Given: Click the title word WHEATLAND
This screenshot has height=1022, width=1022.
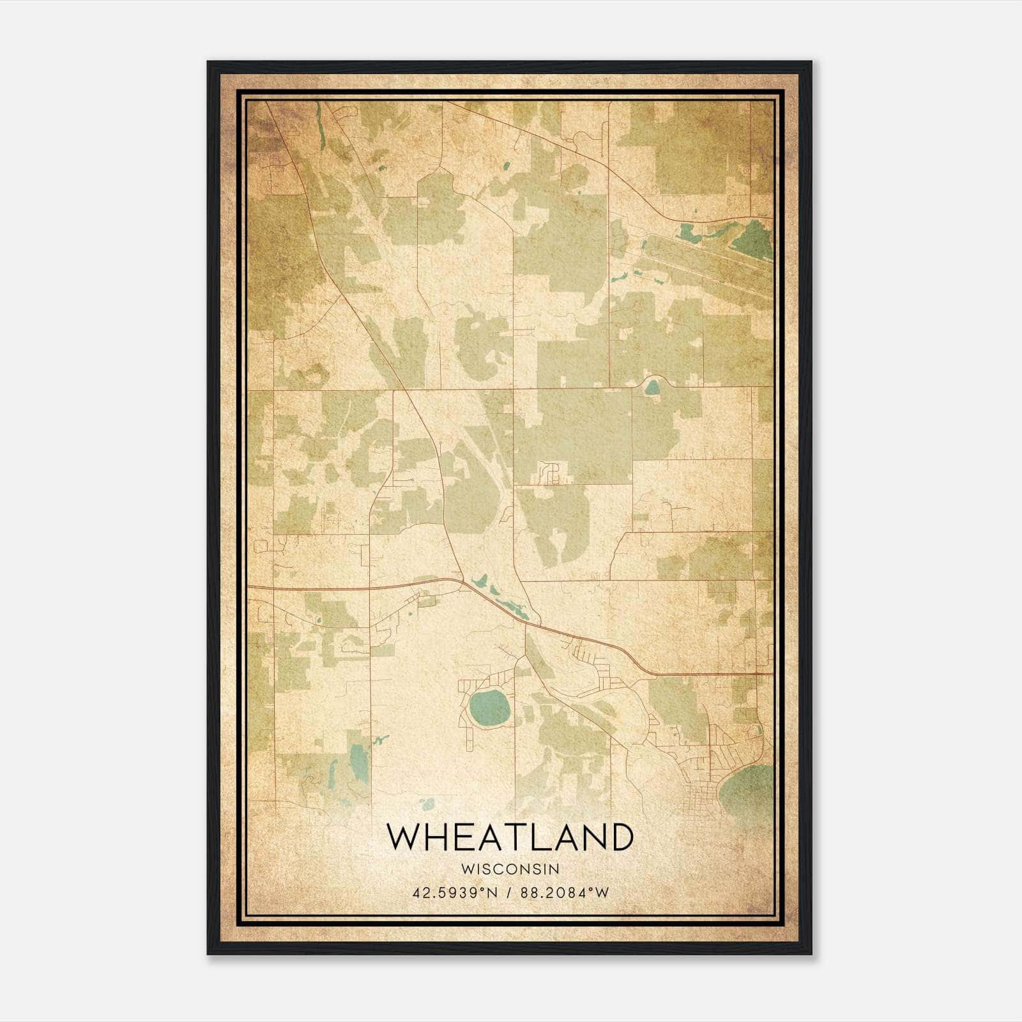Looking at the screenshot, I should tap(510, 837).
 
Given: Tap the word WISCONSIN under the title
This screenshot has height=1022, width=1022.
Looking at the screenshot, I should tap(510, 869).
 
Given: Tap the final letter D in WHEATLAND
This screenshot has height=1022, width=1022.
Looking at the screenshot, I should tap(620, 837).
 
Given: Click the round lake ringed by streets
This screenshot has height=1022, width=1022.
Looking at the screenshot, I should tap(490, 706).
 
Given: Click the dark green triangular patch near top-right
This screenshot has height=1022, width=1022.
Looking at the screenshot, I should tap(754, 240).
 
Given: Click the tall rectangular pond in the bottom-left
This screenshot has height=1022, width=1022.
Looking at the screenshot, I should tap(359, 765).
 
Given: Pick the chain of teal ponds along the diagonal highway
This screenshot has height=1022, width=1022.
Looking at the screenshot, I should tap(501, 597).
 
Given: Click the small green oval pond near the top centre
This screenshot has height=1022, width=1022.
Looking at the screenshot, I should tap(507, 165).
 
